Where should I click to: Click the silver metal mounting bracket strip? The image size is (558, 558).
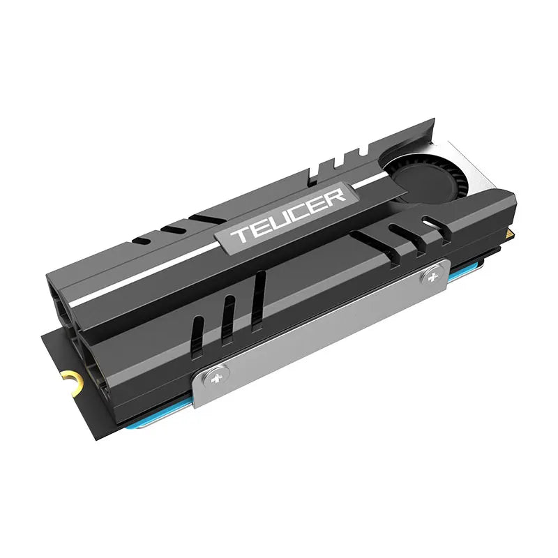tap(321, 328)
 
